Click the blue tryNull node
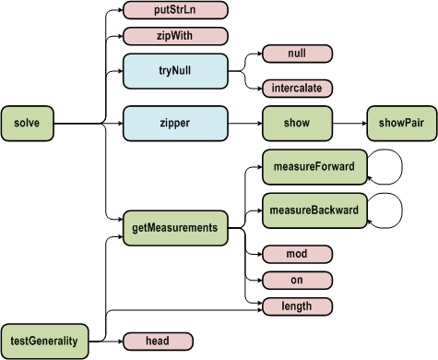pos(175,70)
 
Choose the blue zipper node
pos(175,122)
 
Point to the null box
pos(297,54)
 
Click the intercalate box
pos(297,88)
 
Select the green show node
pos(297,122)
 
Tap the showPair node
pos(401,122)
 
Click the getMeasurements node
pos(175,227)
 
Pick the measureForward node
pos(314,166)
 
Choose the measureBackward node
pos(314,210)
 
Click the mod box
pos(297,253)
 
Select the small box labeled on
pos(297,279)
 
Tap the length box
pos(297,306)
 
